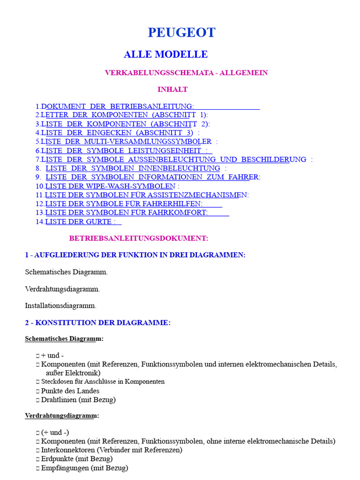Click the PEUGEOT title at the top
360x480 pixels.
(x=182, y=32)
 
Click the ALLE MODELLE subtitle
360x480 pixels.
(x=165, y=54)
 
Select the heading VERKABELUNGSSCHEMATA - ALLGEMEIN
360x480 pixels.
(x=186, y=73)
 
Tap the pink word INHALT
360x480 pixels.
(x=172, y=89)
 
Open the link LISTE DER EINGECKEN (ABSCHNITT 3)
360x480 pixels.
(x=117, y=133)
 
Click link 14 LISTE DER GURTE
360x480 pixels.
(x=80, y=221)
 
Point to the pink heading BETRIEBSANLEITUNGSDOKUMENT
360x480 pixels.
(x=139, y=238)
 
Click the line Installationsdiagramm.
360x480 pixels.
(x=60, y=306)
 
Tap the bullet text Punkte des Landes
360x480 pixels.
(x=70, y=391)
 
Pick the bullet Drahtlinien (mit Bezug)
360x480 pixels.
(x=78, y=400)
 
